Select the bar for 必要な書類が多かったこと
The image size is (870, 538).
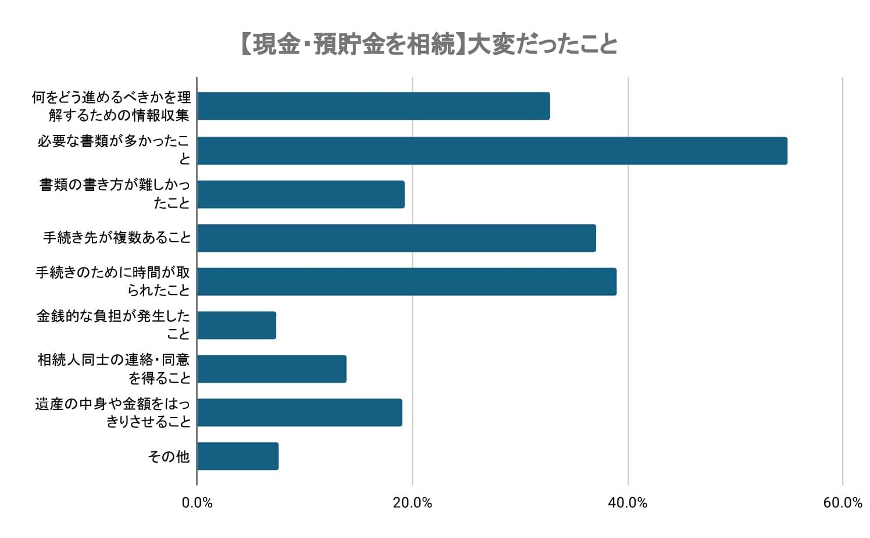492,151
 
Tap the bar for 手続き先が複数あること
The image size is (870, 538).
396,238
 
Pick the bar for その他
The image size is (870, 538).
237,456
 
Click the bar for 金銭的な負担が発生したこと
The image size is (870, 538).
236,325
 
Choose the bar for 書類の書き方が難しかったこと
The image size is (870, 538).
301,194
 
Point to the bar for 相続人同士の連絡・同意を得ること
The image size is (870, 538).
272,369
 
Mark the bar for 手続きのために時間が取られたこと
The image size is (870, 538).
407,282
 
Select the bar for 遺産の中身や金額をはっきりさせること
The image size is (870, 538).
299,412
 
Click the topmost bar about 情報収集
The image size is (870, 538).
373,106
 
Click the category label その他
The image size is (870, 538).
169,457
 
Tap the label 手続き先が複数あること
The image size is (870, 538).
117,238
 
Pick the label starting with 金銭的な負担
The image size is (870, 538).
113,325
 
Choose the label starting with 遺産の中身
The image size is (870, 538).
113,412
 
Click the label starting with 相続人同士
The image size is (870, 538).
114,369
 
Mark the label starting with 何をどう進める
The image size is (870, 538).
111,106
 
